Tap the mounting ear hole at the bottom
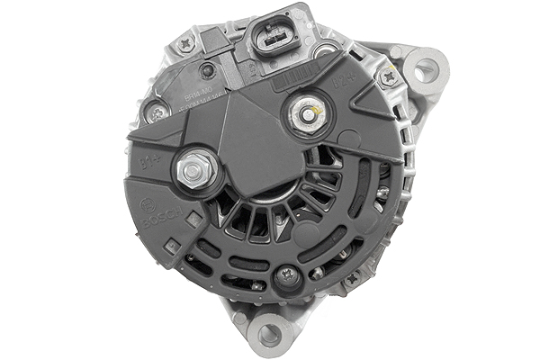pyautogui.click(x=269, y=334)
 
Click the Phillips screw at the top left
pyautogui.click(x=186, y=41)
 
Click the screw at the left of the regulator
pyautogui.click(x=157, y=112)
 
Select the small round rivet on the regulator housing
pyautogui.click(x=209, y=70)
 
